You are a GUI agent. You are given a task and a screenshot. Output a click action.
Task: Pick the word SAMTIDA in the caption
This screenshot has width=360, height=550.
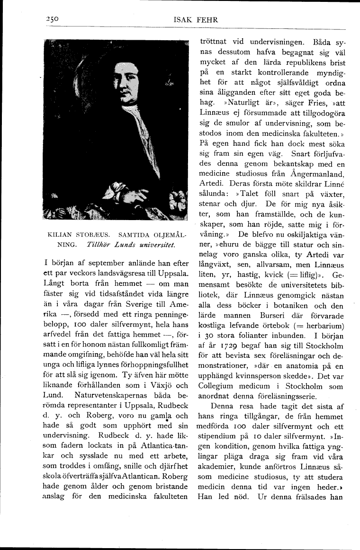point(135,235)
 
